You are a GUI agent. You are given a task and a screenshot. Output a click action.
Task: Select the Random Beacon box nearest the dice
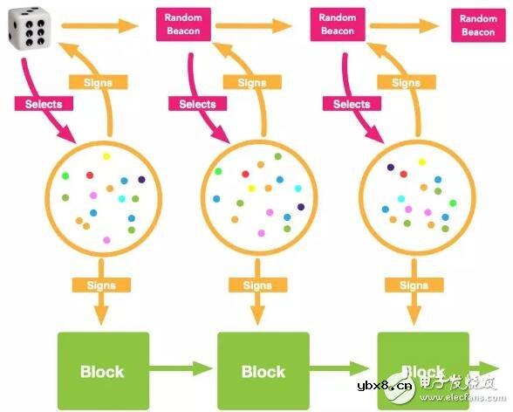coord(182,24)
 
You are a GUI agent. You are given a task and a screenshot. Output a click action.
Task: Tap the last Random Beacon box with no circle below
coord(477,25)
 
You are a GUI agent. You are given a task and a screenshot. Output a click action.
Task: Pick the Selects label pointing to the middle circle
coord(197,104)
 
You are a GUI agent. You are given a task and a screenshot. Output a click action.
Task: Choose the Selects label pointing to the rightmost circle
coord(352,104)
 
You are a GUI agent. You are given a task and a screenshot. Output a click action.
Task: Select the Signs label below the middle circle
coord(257,285)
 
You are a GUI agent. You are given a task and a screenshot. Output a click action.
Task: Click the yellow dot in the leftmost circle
coord(106,157)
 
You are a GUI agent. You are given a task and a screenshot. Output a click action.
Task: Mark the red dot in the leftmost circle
coord(89,175)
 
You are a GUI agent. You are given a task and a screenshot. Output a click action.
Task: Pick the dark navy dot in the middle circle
coord(300,207)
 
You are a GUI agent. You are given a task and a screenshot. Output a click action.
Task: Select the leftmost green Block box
coord(103,371)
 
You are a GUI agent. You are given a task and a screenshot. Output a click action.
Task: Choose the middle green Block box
coord(263,371)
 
